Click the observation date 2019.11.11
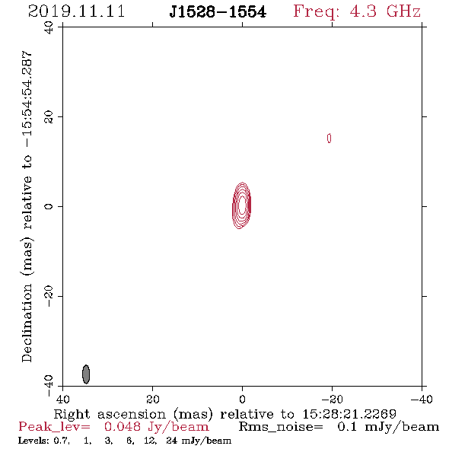click(76, 11)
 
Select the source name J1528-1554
click(218, 12)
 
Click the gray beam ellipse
click(86, 374)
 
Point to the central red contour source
click(242, 205)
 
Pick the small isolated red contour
click(330, 139)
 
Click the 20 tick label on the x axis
click(152, 399)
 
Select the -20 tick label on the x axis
click(332, 399)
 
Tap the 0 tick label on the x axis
click(242, 399)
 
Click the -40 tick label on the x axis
click(422, 399)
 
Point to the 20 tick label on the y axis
click(49, 117)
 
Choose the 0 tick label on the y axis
click(49, 206)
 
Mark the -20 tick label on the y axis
click(49, 296)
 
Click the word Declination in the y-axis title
click(27, 323)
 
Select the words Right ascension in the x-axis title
click(110, 414)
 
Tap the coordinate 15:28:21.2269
click(349, 414)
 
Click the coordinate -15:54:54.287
click(27, 99)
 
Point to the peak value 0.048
click(123, 427)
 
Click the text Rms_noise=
click(281, 427)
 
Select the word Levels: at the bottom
click(33, 441)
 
